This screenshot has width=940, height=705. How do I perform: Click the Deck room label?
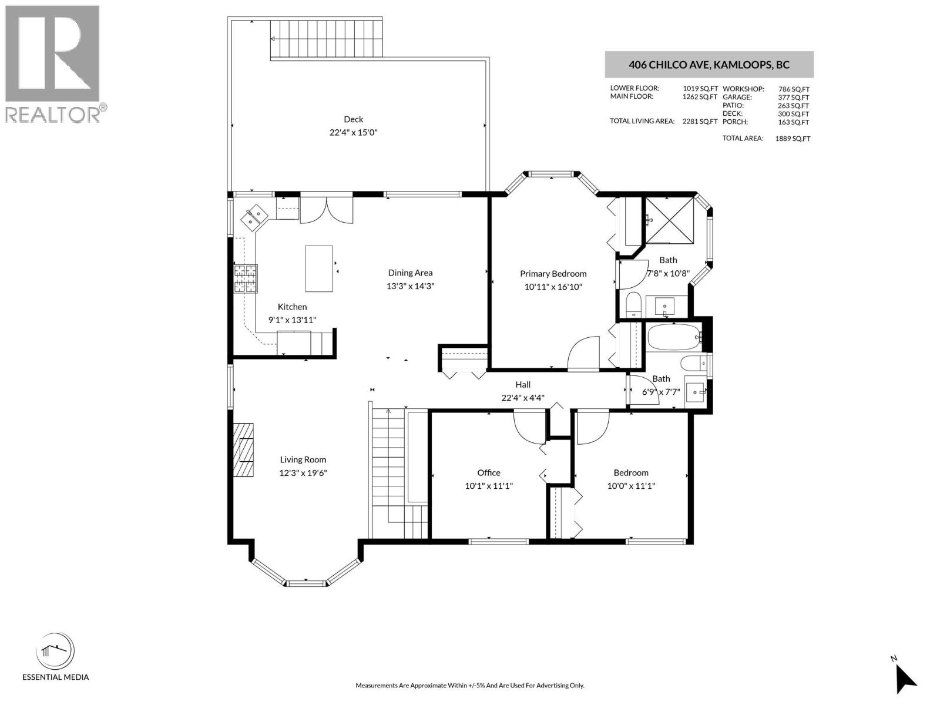[x=353, y=119]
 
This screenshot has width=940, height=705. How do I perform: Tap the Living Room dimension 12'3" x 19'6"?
[x=303, y=473]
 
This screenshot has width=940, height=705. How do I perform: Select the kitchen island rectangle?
[x=319, y=268]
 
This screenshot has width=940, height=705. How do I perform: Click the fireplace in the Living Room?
[x=243, y=450]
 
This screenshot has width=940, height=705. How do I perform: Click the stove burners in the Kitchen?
[x=246, y=278]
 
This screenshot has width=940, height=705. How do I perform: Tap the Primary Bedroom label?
[x=553, y=274]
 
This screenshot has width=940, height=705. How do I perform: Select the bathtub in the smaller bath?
[x=673, y=338]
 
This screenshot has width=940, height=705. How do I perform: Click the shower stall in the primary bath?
[x=670, y=220]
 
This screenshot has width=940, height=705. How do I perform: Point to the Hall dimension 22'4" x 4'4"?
[x=523, y=398]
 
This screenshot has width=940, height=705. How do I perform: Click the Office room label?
[x=489, y=473]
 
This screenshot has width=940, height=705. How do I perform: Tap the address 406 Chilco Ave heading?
[x=709, y=65]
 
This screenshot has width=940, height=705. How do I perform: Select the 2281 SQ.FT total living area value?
[x=700, y=122]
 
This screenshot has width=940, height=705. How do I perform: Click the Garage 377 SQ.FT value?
[x=793, y=98]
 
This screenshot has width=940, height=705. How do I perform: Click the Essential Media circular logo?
[x=55, y=652]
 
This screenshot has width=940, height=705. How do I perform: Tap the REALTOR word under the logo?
[x=53, y=115]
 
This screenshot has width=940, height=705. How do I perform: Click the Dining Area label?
[x=410, y=273]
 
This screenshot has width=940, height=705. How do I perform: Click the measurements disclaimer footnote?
[x=469, y=686]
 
